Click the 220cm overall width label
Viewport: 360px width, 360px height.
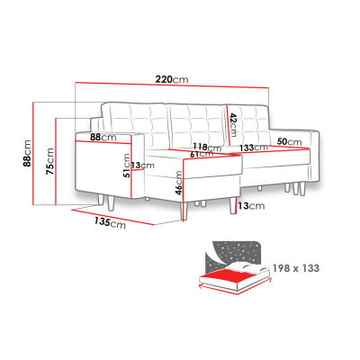click(x=172, y=79)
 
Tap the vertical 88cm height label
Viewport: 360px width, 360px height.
click(x=27, y=153)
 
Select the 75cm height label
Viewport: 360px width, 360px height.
click(x=49, y=161)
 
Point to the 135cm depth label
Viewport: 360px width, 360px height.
click(x=110, y=222)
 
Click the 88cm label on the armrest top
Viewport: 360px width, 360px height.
click(x=103, y=138)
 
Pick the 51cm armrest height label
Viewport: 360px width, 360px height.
click(x=127, y=166)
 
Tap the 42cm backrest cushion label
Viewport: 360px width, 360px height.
click(x=233, y=124)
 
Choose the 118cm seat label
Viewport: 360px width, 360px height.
click(x=207, y=148)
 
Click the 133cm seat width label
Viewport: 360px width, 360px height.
click(x=254, y=148)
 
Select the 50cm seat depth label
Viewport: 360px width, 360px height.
click(x=289, y=141)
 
